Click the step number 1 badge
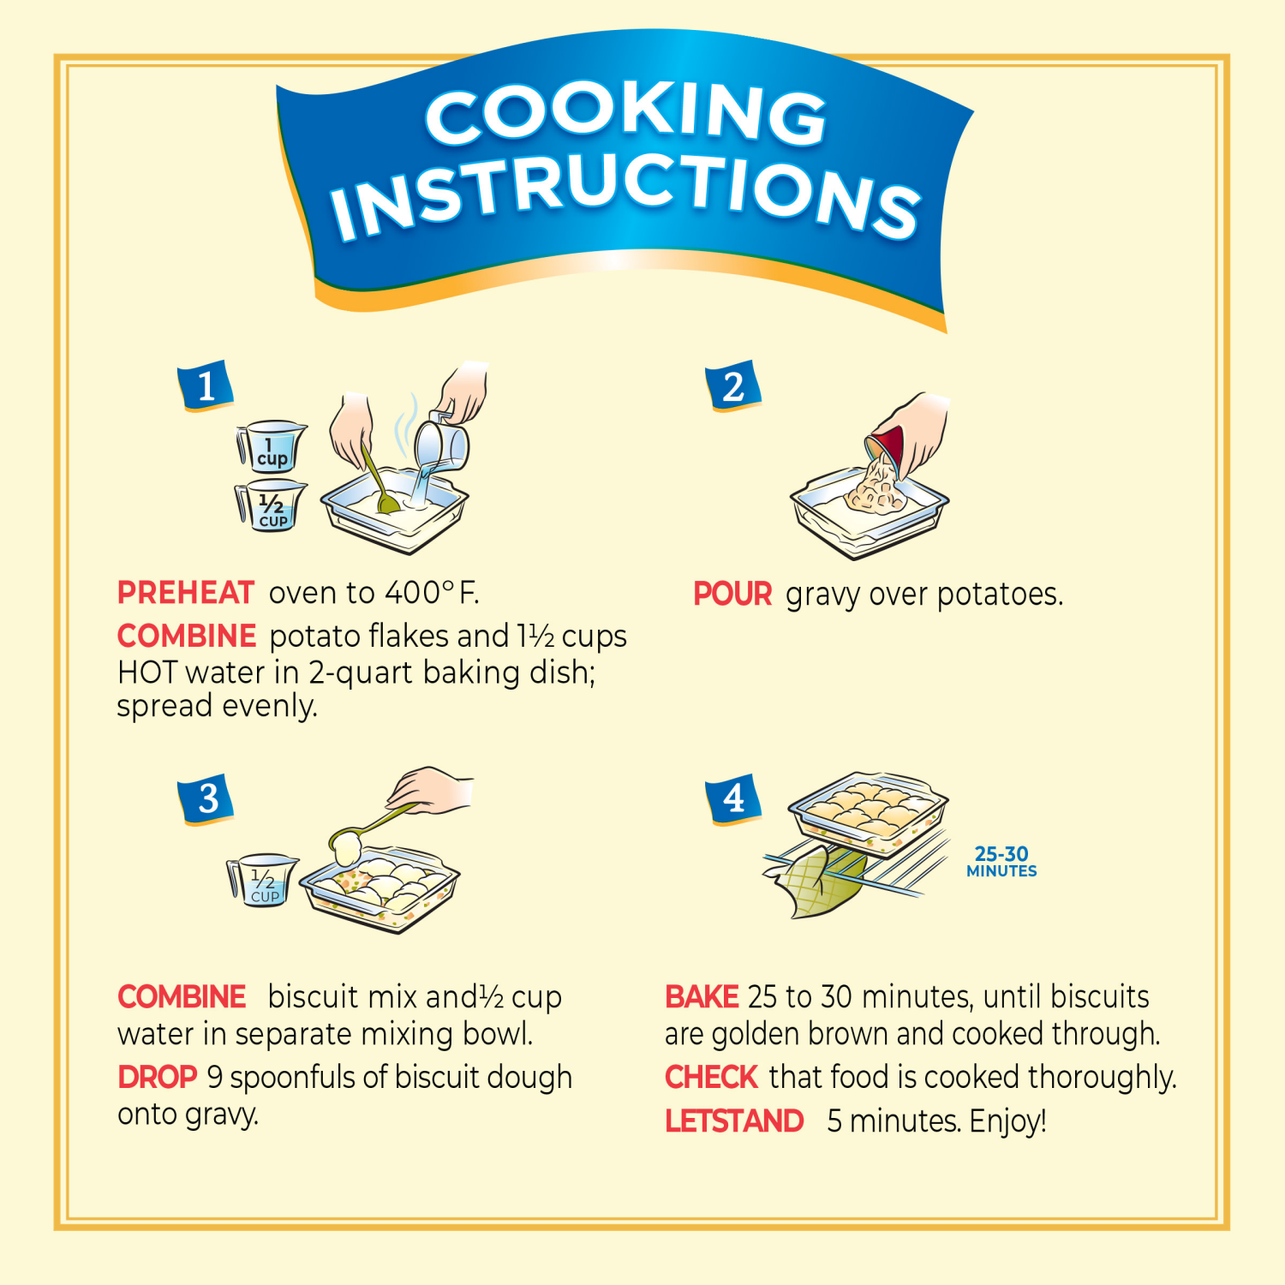206,386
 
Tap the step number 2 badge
733,386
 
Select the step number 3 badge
206,799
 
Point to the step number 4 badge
733,799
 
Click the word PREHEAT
186,593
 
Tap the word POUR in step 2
732,595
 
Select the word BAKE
702,997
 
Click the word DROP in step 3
158,1078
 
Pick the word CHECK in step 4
711,1078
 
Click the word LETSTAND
734,1121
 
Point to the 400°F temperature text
431,593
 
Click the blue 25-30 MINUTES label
1001,862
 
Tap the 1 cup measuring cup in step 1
271,446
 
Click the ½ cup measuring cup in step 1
271,506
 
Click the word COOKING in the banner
625,116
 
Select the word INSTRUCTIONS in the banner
625,197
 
